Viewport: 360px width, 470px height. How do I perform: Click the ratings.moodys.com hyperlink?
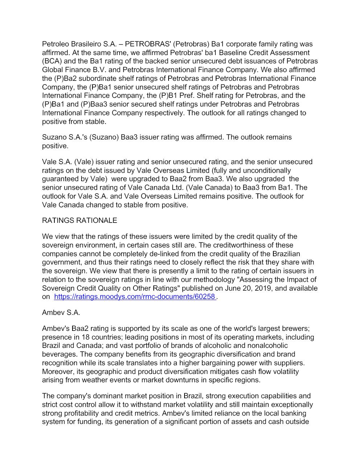pyautogui.click(x=135, y=297)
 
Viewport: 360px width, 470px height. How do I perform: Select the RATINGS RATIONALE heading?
pyautogui.click(x=79, y=221)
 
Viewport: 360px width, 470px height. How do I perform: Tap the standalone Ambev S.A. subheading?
pyautogui.click(x=61, y=312)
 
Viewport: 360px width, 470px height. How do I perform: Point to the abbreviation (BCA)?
pyautogui.click(x=52, y=61)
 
